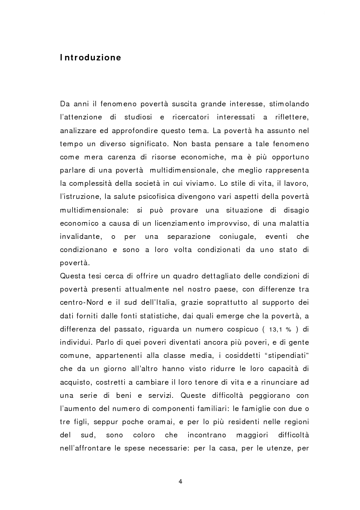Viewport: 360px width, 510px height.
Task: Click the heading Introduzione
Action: [x=90, y=58]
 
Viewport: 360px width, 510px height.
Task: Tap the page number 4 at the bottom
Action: [x=180, y=481]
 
